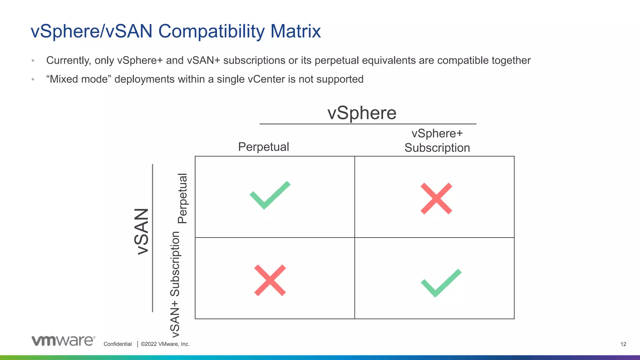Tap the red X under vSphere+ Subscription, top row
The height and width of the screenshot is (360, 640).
point(436,198)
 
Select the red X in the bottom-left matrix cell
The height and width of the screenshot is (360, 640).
point(270,280)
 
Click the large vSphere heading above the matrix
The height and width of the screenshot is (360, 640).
point(362,113)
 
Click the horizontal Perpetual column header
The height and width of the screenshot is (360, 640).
point(263,147)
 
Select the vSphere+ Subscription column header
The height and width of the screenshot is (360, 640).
point(437,141)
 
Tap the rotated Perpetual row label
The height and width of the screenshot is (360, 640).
point(182,198)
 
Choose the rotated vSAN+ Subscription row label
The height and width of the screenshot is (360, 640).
point(175,284)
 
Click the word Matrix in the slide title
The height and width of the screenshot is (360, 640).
point(295,31)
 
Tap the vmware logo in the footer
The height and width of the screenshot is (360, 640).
point(63,341)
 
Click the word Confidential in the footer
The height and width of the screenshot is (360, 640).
point(117,344)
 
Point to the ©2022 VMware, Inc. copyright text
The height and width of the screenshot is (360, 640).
point(165,344)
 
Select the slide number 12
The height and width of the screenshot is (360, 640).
point(623,344)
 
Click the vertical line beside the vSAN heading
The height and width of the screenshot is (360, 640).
point(152,237)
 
